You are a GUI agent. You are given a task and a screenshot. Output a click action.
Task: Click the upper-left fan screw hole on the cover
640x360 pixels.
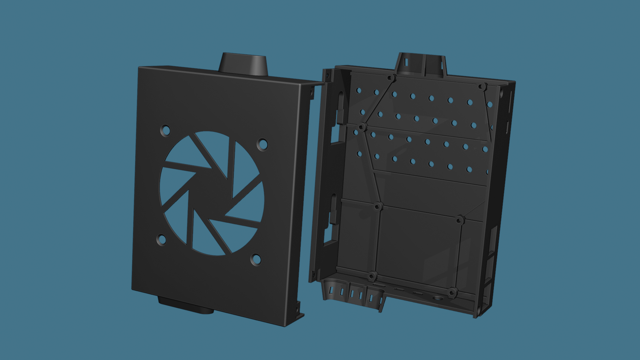tap(166, 130)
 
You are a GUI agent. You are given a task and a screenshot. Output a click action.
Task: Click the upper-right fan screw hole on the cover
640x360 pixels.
tap(263, 145)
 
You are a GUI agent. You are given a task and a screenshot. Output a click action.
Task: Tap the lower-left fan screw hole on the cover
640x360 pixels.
tap(162, 239)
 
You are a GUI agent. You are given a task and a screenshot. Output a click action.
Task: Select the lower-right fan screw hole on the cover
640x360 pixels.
tap(256, 259)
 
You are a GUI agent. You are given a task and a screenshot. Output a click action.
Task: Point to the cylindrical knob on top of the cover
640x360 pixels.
tap(243, 64)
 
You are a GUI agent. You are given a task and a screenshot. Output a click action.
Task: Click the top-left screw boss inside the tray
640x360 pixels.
tap(391, 78)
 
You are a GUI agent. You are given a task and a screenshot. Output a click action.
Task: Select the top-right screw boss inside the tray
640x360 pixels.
tap(482, 87)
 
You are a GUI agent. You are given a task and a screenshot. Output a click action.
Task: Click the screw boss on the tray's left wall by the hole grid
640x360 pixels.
tap(362, 127)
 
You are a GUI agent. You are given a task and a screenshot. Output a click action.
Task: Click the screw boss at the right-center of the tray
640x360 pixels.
tap(460, 219)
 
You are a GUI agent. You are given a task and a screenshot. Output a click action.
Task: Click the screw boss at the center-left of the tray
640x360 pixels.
tap(378, 206)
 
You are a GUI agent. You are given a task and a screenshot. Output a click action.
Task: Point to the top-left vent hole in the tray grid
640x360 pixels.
tap(359, 90)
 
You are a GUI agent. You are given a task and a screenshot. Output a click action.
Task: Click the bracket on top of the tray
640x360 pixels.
tap(421, 65)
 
